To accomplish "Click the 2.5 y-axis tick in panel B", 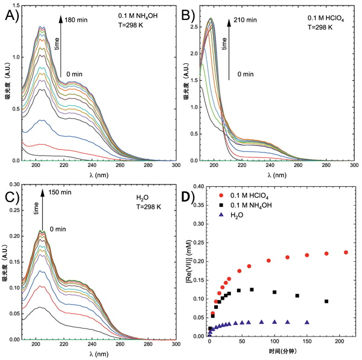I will (x=194, y=27).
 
